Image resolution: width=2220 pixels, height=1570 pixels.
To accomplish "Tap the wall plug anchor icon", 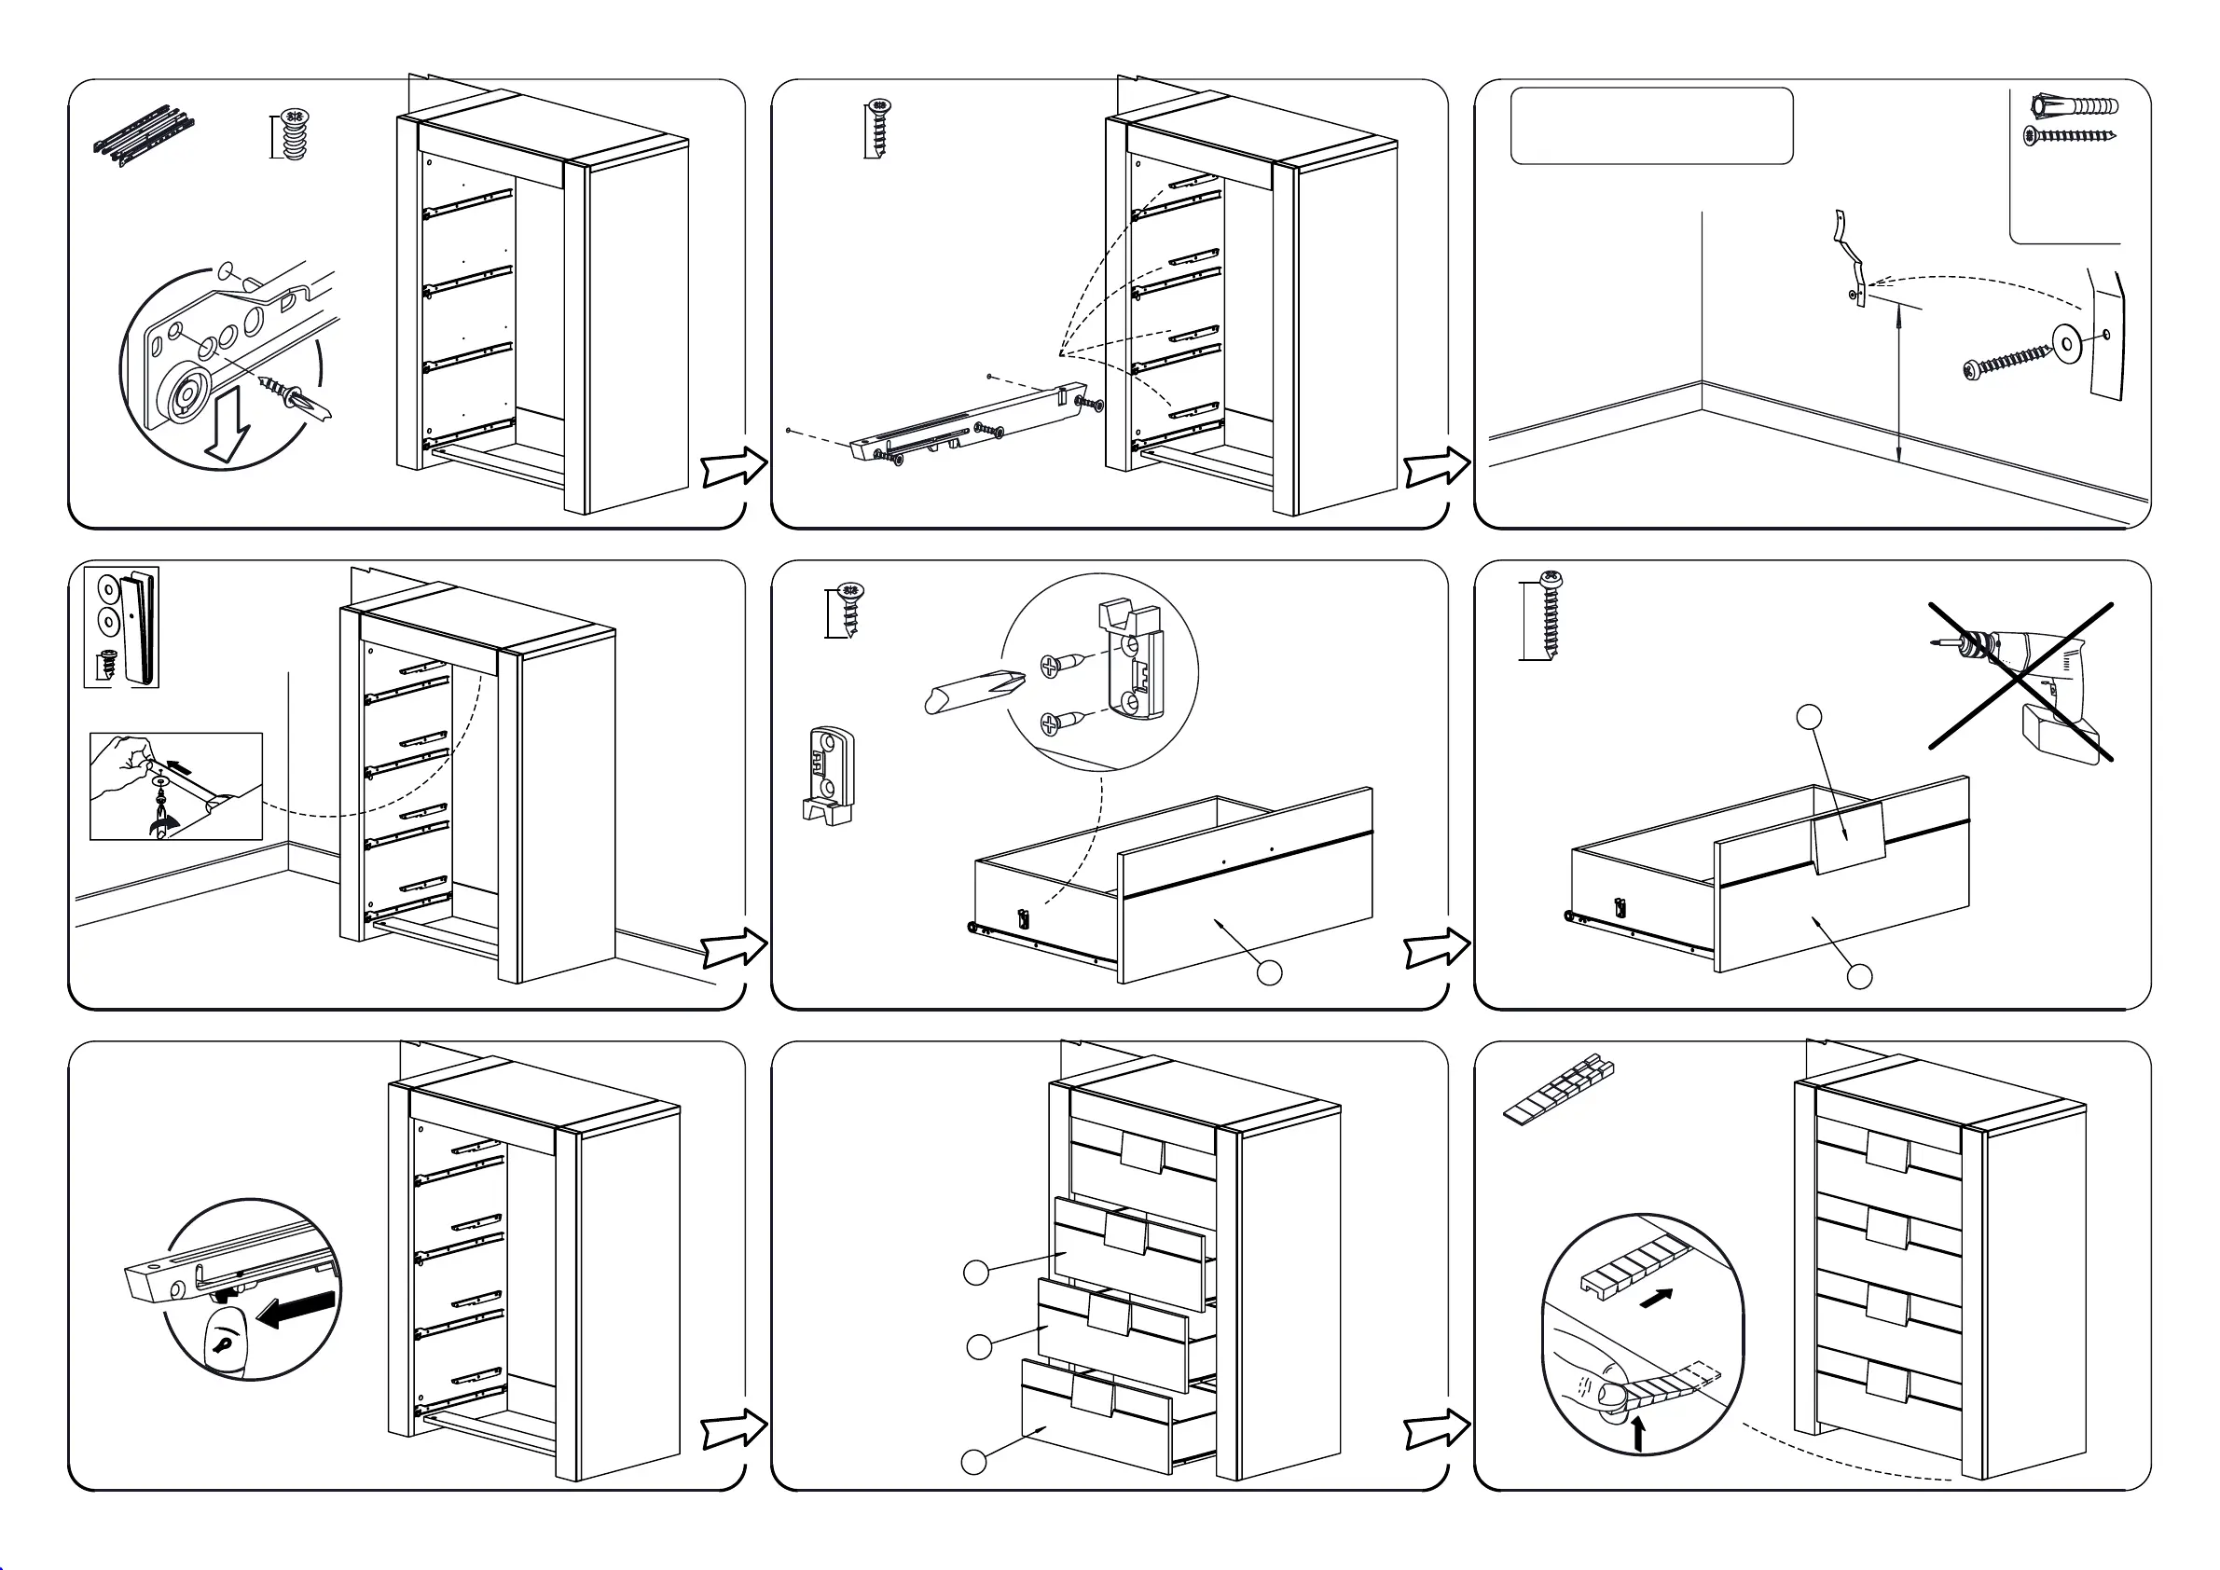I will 2073,105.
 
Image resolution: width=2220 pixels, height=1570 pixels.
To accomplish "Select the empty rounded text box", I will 1651,126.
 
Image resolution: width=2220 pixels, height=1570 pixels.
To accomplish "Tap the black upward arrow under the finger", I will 1638,1433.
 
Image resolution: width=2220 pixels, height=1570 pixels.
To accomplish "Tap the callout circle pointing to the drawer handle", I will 1808,716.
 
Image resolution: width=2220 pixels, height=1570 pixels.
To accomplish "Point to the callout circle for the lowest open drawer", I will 973,1462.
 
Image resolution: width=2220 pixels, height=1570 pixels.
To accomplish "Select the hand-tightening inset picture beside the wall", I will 176,786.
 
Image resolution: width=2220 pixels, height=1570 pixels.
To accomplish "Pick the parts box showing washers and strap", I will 122,627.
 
